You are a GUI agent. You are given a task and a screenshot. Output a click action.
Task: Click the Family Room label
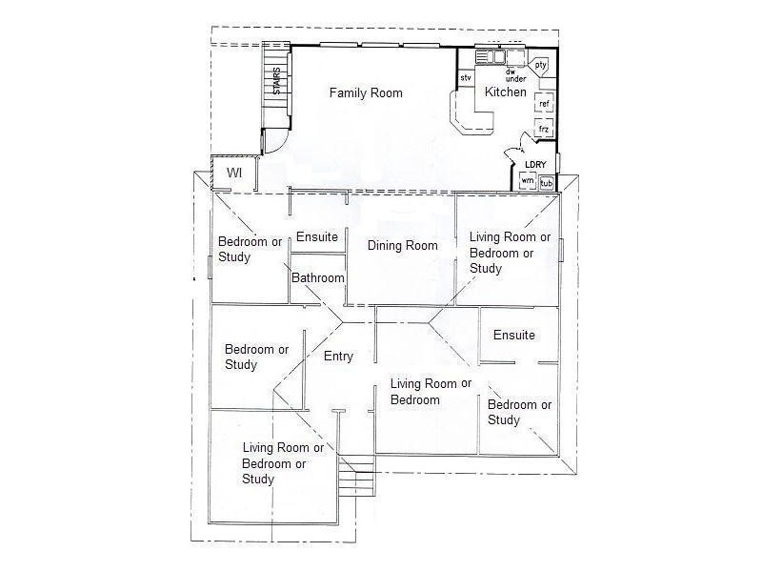pos(366,93)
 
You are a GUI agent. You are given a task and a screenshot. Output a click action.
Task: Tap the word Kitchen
pos(505,92)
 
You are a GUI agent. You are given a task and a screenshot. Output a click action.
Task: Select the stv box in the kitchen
pos(466,77)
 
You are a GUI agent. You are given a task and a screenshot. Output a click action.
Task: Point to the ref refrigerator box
pos(544,102)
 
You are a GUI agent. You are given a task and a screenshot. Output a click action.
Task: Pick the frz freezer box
pos(544,128)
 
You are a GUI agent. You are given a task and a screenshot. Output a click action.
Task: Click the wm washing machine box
pos(527,181)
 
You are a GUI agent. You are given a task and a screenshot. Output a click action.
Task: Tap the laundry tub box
pos(547,182)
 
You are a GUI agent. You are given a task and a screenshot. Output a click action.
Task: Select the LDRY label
pos(534,164)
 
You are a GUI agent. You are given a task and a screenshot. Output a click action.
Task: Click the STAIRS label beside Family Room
pos(277,81)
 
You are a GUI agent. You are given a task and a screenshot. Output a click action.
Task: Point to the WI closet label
pos(233,174)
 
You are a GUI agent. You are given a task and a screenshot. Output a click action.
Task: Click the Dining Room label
pos(402,246)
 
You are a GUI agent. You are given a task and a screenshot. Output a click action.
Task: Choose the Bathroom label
pos(317,278)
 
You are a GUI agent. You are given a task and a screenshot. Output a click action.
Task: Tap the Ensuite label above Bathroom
pos(316,236)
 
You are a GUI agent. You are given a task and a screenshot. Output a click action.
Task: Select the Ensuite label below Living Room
pos(513,336)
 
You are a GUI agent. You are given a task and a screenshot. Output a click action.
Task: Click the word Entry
pos(338,357)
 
